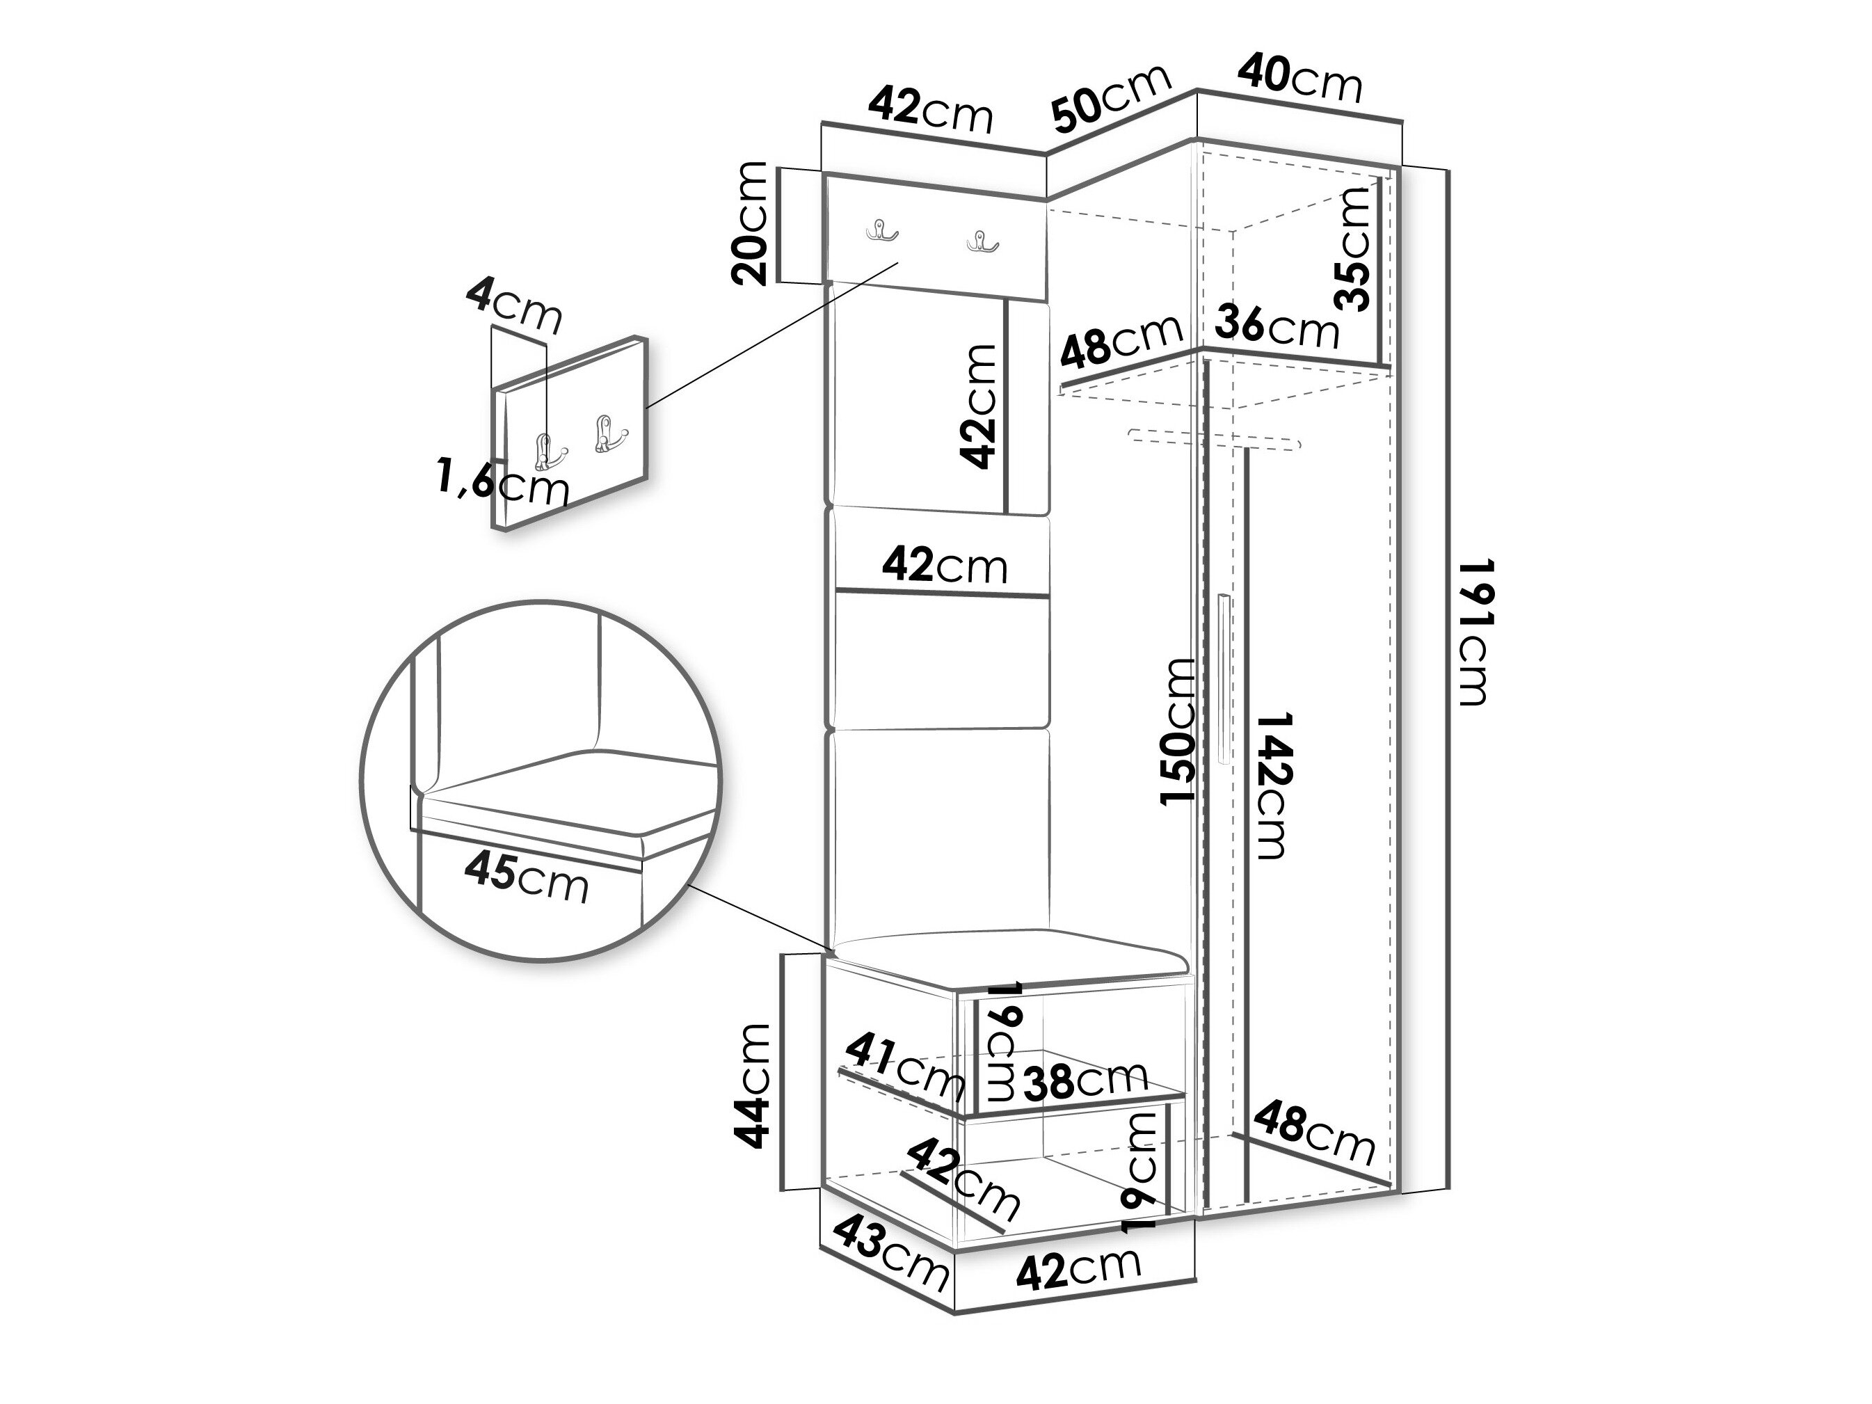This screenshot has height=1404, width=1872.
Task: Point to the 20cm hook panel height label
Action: pos(751,223)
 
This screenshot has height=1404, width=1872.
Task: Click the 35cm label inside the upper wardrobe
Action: pos(1352,249)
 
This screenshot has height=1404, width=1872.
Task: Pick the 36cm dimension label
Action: pos(1277,326)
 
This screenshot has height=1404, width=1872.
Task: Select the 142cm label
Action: pos(1270,785)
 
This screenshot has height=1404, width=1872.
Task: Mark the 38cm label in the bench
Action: pos(1086,1080)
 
